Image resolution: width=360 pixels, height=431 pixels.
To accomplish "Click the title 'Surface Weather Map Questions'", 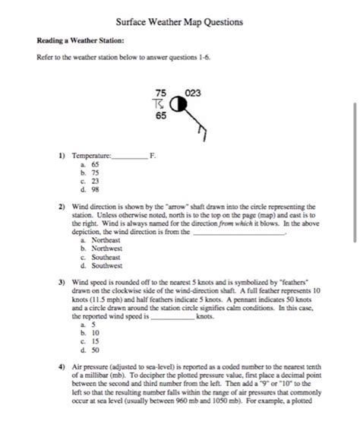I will click(180, 22).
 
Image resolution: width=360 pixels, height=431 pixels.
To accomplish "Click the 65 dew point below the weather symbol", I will click(161, 116).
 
